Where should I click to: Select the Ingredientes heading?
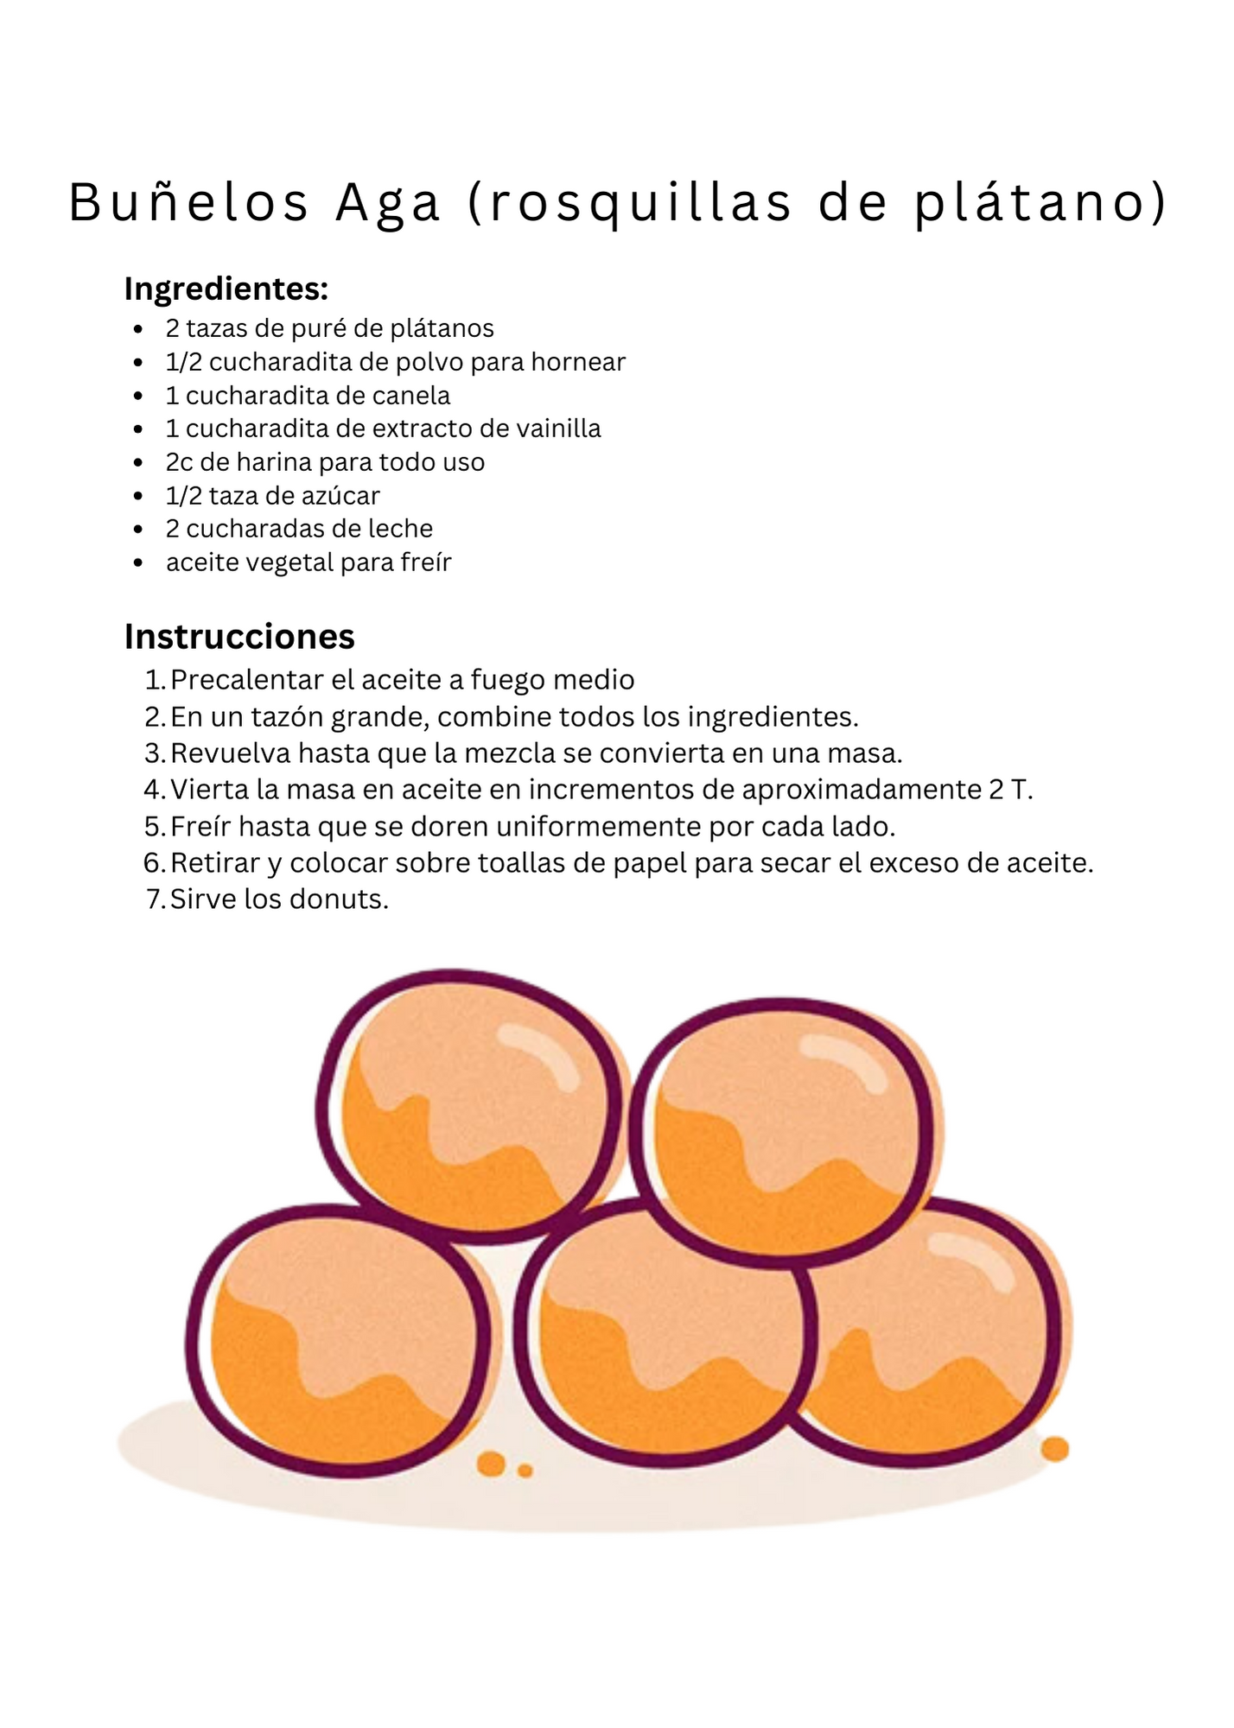tap(226, 289)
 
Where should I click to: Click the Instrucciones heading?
tap(239, 637)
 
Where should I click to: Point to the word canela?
tap(412, 396)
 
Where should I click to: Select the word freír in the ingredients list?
tap(427, 562)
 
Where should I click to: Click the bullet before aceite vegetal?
tap(138, 563)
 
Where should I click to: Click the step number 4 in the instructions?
tap(153, 790)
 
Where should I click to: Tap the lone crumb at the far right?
tap(1055, 1449)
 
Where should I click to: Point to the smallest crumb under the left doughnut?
tap(525, 1471)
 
